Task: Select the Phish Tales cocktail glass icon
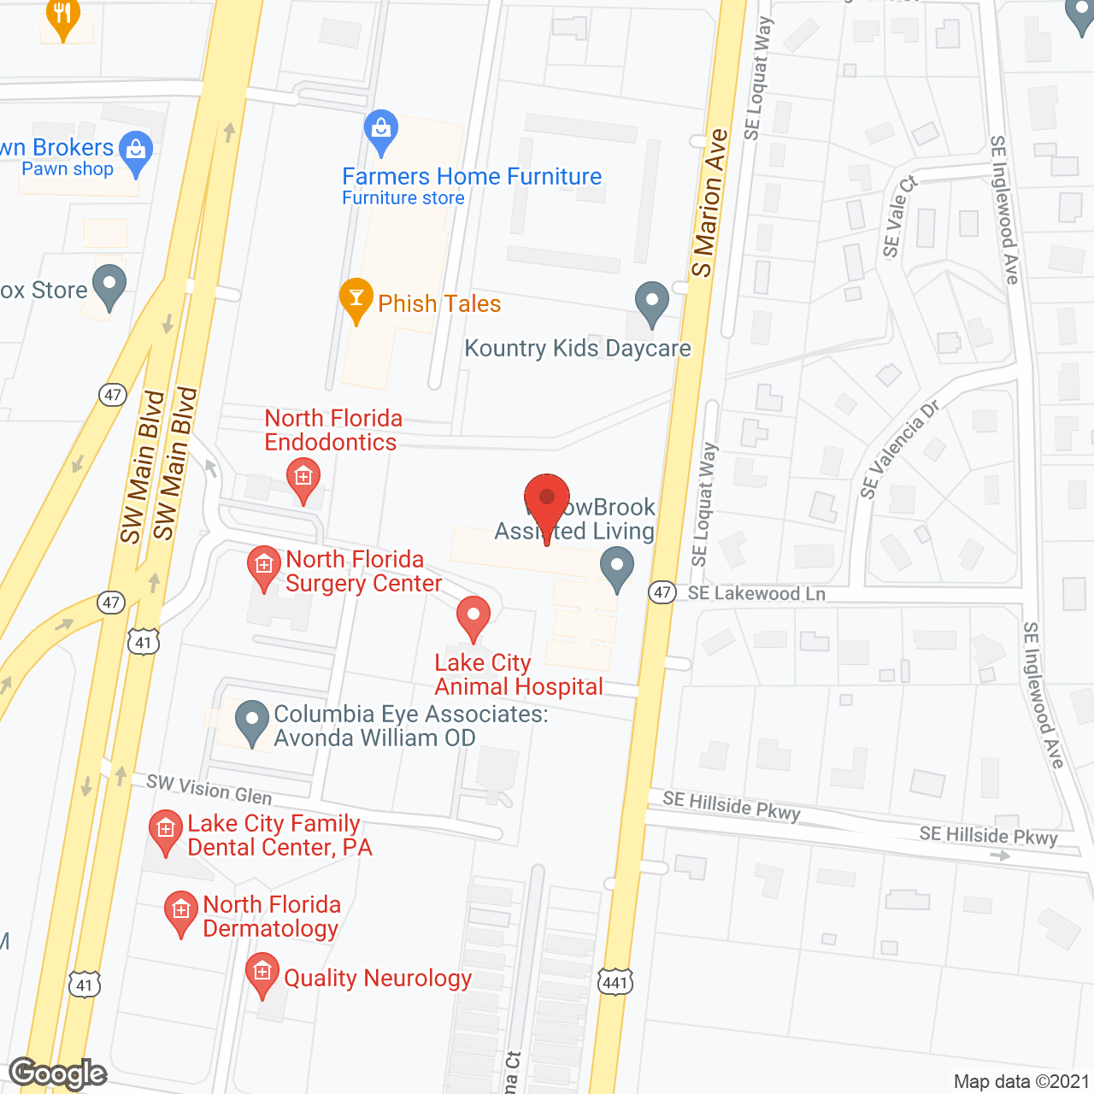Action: (x=356, y=299)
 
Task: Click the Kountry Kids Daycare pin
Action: (x=652, y=303)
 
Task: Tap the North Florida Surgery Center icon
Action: (x=263, y=567)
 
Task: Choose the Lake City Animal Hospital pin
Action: (x=473, y=616)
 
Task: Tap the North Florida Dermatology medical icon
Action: (x=181, y=911)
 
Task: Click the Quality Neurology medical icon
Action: (x=262, y=973)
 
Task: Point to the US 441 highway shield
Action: (x=615, y=982)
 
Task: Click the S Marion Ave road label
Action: (x=709, y=203)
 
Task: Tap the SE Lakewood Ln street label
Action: (x=756, y=594)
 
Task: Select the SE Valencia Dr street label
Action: (x=899, y=449)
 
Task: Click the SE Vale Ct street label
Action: (x=899, y=216)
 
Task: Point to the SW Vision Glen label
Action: (x=209, y=790)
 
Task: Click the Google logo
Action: (x=58, y=1073)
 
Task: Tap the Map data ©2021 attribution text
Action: (x=1021, y=1082)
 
